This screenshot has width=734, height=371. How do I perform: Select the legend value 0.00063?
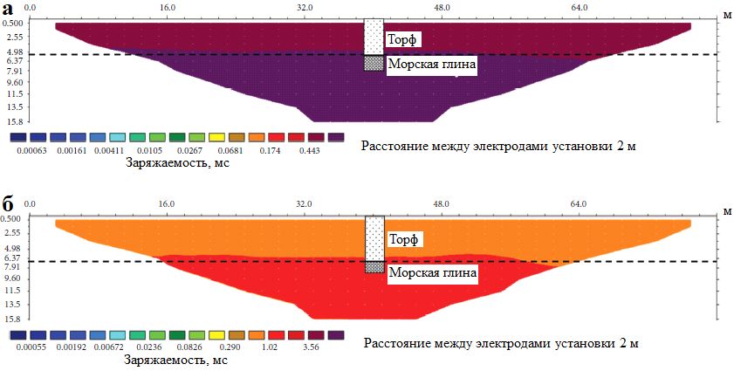point(31,150)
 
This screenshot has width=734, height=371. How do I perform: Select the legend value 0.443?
point(310,150)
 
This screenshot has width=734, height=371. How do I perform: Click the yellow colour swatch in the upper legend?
point(216,138)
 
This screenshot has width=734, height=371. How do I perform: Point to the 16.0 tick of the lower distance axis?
point(167,204)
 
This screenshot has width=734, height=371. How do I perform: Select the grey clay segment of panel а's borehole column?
point(374,64)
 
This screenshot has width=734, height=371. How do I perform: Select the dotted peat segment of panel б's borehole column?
point(374,236)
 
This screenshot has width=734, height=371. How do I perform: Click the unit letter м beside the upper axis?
point(725,14)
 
